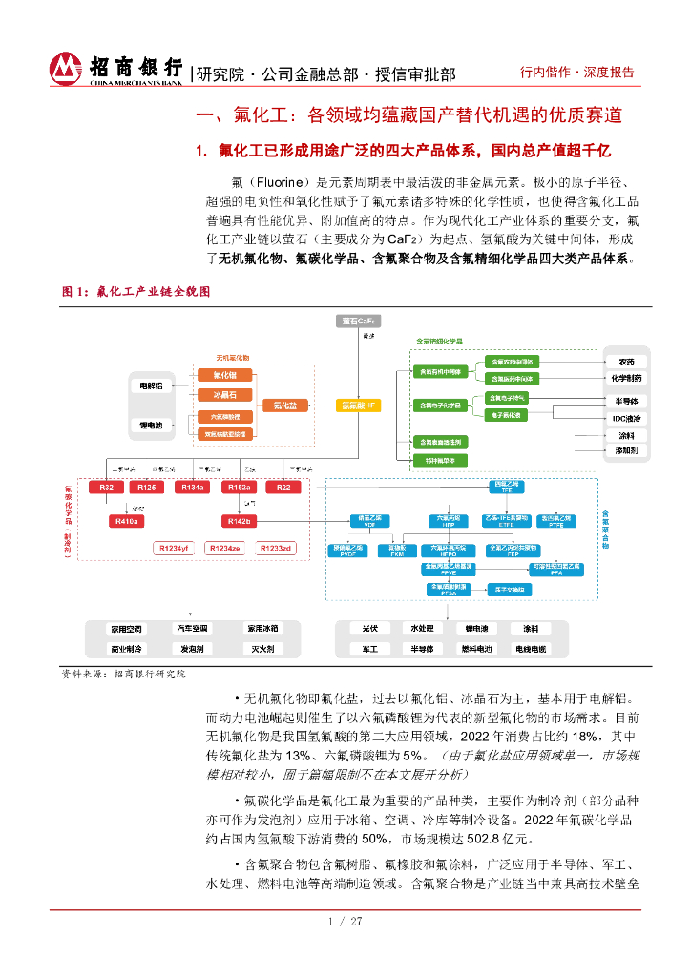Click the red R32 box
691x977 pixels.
pos(107,488)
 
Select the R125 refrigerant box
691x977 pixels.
pos(147,488)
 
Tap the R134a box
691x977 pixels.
pos(192,488)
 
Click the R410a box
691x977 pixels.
pos(126,521)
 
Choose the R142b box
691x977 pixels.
pos(238,521)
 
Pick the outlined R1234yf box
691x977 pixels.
pos(175,548)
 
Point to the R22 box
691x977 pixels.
pos(283,488)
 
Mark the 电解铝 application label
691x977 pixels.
pos(152,385)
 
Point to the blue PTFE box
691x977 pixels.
pos(555,522)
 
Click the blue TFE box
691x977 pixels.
pos(507,487)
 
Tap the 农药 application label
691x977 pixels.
pos(627,362)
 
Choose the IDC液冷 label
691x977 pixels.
pos(627,418)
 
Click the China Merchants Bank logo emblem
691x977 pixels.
pos(66,69)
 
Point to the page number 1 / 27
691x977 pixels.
pos(345,922)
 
